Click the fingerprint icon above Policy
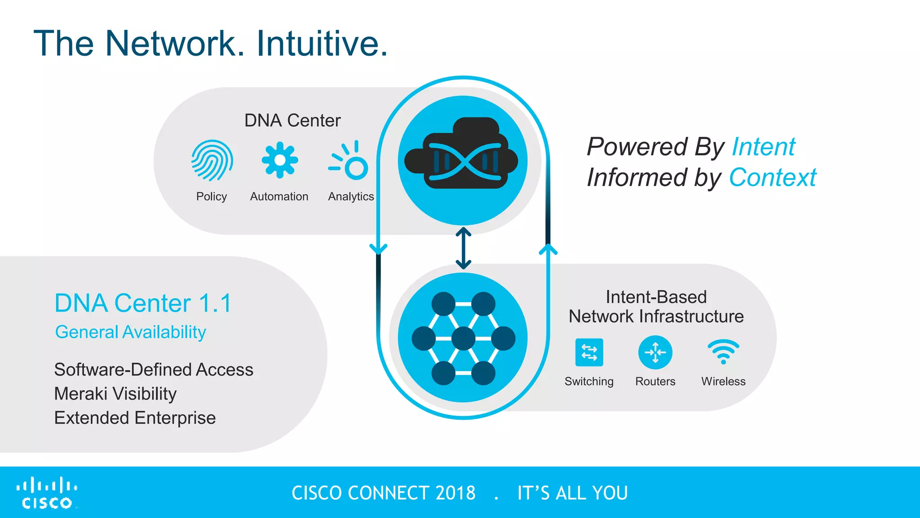pos(212,160)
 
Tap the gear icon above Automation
pos(279,160)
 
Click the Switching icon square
pos(589,353)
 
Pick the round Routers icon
pos(655,353)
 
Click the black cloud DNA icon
pos(462,155)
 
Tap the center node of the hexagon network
pos(463,338)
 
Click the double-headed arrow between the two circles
pos(463,248)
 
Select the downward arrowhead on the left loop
pos(378,249)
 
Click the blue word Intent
pos(763,147)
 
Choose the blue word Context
pos(772,178)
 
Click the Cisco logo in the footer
pos(47,493)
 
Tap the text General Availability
pos(130,332)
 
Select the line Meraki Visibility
pos(115,394)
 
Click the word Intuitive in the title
pos(322,44)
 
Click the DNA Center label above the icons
pos(292,121)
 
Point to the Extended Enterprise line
pos(135,418)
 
